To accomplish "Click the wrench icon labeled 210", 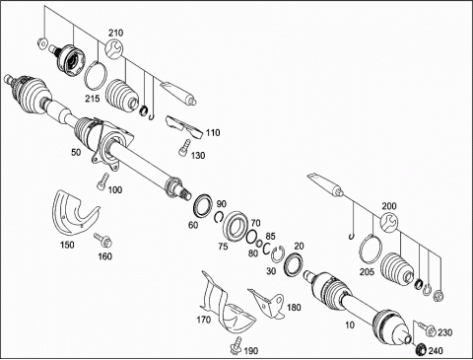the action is [114, 49].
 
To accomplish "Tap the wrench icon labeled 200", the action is [389, 222].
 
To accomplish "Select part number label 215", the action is [93, 99].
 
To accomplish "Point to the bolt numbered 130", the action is [185, 147].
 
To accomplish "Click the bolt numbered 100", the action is [102, 181].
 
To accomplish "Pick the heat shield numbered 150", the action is [75, 213].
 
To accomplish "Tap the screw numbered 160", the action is [102, 240].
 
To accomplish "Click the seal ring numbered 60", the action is [203, 205].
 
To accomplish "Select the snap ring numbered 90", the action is [220, 217].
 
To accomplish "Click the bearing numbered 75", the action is [236, 226].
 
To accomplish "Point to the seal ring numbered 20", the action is [294, 263].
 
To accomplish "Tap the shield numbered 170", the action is [227, 308].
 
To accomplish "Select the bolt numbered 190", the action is [236, 346].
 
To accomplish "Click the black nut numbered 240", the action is [420, 349].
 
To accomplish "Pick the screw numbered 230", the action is [427, 329].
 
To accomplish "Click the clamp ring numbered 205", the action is [371, 251].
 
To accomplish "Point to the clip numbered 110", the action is [183, 126].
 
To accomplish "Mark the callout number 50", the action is [76, 153].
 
